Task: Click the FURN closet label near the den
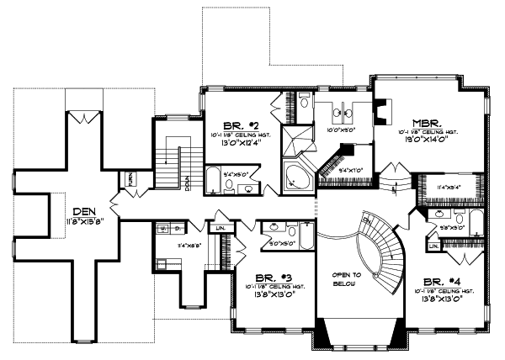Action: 131,178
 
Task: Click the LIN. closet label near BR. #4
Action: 433,246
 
